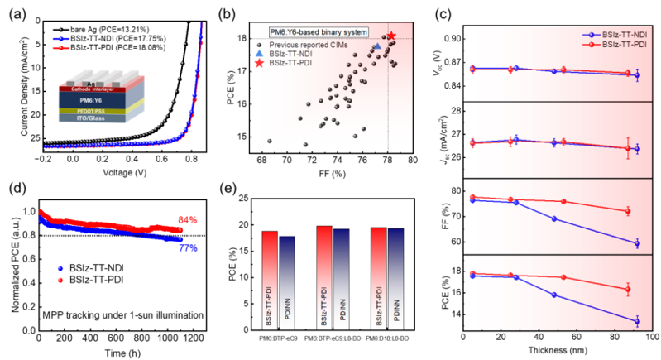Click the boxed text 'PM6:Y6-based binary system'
pos(319,31)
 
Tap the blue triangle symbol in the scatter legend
pos(261,53)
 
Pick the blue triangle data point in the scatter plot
pos(378,47)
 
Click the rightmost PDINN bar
pos(397,278)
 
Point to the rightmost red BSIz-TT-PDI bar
pos(377,277)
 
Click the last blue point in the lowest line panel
pos(638,321)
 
